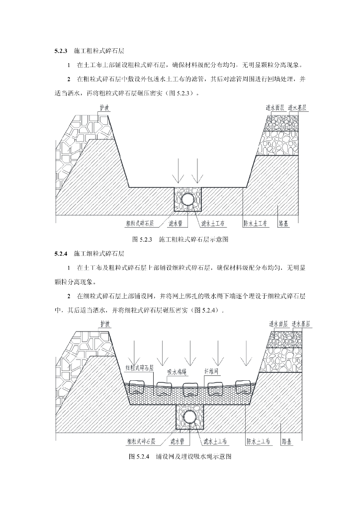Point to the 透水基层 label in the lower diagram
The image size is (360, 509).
click(301, 323)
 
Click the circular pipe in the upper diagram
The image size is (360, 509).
click(187, 199)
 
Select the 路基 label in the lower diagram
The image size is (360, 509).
click(287, 440)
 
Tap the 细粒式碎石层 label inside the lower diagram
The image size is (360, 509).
click(141, 368)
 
